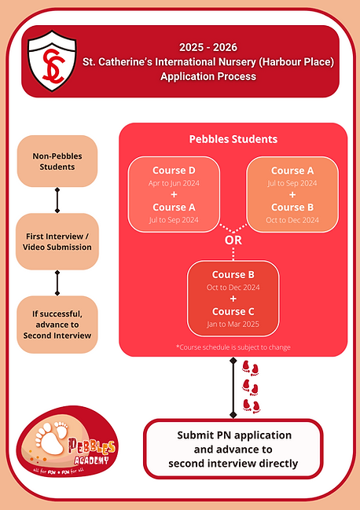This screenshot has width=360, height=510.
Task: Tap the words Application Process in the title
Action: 208,77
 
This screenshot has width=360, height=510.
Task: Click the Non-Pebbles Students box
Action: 57,161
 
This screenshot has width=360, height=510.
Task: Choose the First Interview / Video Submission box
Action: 57,240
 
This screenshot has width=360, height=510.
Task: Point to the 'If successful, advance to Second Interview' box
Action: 57,323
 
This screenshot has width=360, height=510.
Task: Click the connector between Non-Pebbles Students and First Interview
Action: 57,200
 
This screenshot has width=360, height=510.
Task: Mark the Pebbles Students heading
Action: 232,139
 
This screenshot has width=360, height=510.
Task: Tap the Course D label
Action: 174,171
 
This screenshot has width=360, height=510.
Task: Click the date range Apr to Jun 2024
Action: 174,184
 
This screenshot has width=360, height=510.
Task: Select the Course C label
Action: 233,311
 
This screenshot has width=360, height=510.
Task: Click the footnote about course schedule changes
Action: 232,346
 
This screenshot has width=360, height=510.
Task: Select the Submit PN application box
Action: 233,449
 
